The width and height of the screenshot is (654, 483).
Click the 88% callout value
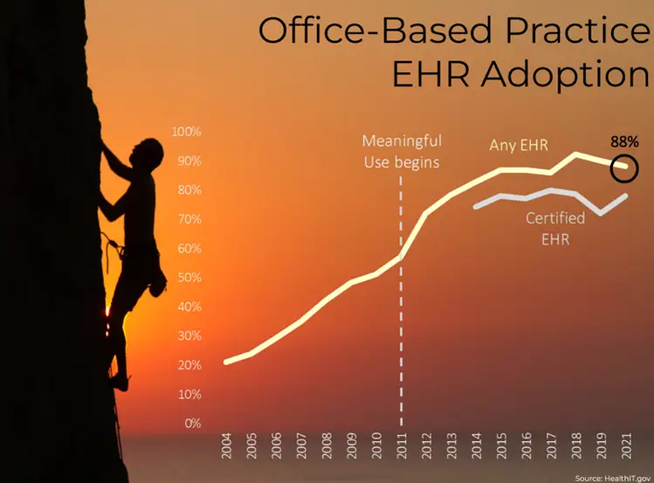point(624,141)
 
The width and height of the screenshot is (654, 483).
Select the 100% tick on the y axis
point(186,132)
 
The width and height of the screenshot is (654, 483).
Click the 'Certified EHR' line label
point(554,227)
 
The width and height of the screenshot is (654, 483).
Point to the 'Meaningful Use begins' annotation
point(402,150)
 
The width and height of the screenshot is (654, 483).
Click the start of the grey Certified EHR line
point(475,207)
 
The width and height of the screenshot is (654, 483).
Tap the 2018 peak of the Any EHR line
point(576,155)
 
